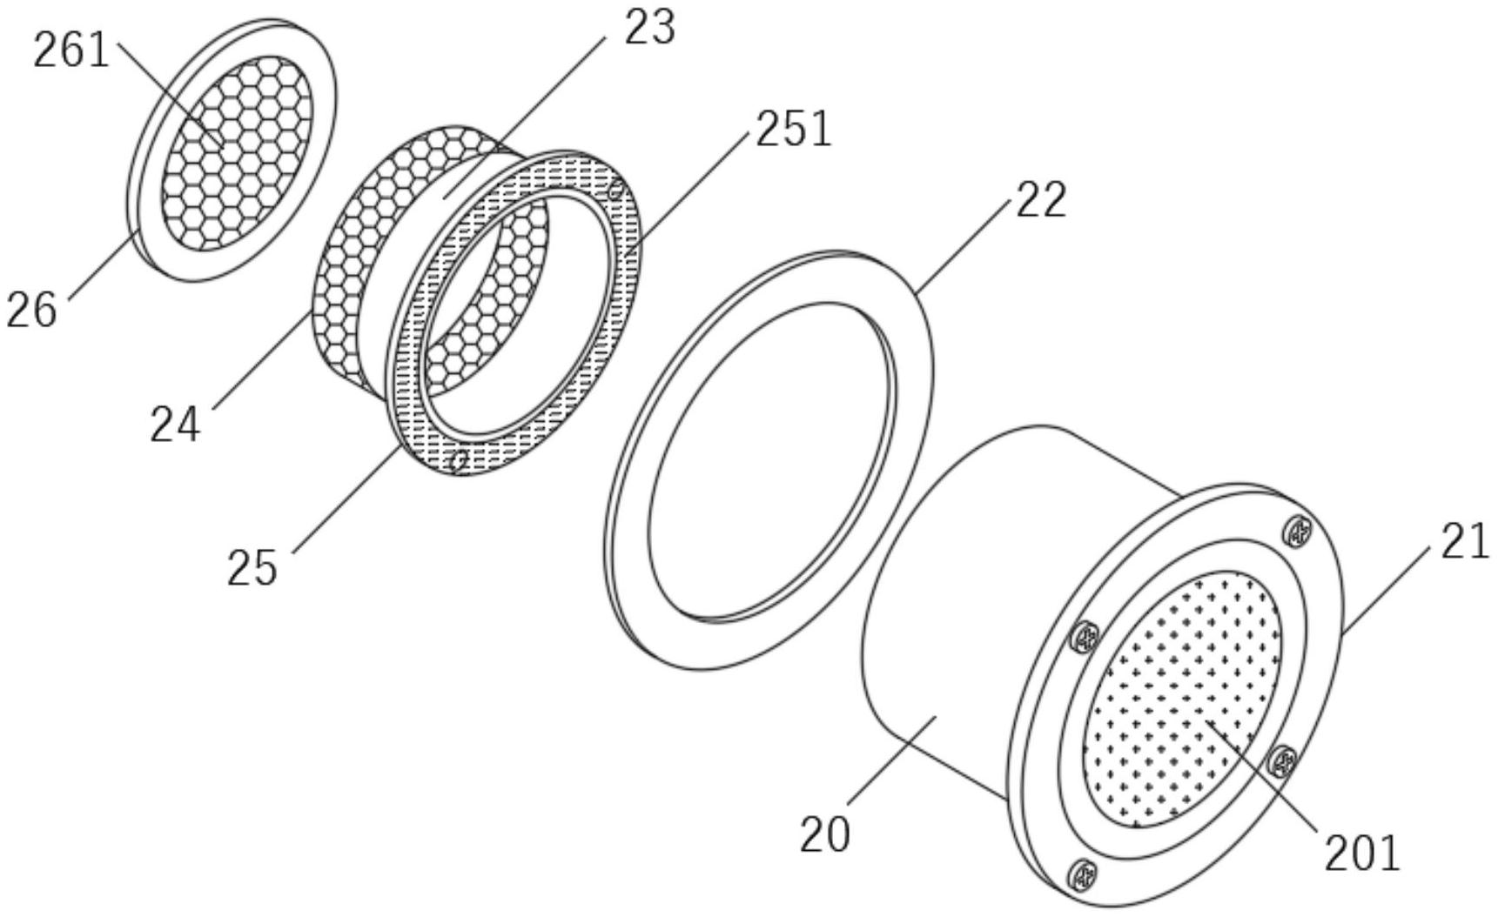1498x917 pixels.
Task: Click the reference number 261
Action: coord(71,50)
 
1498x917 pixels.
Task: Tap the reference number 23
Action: coord(649,28)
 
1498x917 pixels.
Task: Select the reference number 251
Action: coord(794,130)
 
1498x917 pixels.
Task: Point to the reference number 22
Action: coord(1040,200)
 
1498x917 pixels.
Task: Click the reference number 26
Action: coord(32,310)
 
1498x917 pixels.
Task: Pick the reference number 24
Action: coord(175,425)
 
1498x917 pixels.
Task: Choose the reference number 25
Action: coord(252,568)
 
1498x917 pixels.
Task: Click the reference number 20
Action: coord(825,834)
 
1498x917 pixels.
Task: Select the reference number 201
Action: coord(1362,853)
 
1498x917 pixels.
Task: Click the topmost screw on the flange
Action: coord(1297,532)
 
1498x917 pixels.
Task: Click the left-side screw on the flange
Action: coord(1085,639)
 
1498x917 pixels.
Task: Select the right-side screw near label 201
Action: coord(1281,762)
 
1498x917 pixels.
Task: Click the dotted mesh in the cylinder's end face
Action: coord(1182,699)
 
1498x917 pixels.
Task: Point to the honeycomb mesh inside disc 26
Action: coord(237,151)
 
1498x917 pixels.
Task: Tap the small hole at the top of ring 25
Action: coord(616,190)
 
